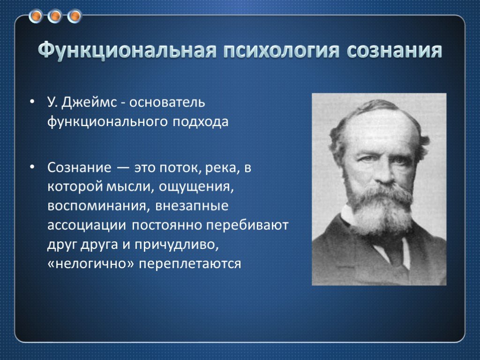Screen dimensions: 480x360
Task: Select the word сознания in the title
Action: tap(394, 50)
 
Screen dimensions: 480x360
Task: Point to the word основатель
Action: tap(167, 102)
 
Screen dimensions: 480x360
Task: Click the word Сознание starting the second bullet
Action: tap(79, 167)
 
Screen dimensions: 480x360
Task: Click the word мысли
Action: tap(128, 187)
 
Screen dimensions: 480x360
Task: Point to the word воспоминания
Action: tap(98, 206)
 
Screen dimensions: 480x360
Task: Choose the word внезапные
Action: tap(192, 206)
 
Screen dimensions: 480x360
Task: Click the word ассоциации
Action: tap(87, 225)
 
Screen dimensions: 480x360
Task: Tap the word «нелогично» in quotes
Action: tap(90, 263)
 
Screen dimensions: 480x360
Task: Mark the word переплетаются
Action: tap(190, 264)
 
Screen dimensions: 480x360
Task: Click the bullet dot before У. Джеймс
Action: tap(32, 102)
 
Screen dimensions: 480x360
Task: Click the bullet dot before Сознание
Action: tap(32, 167)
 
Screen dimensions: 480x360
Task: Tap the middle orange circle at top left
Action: tap(55, 16)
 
